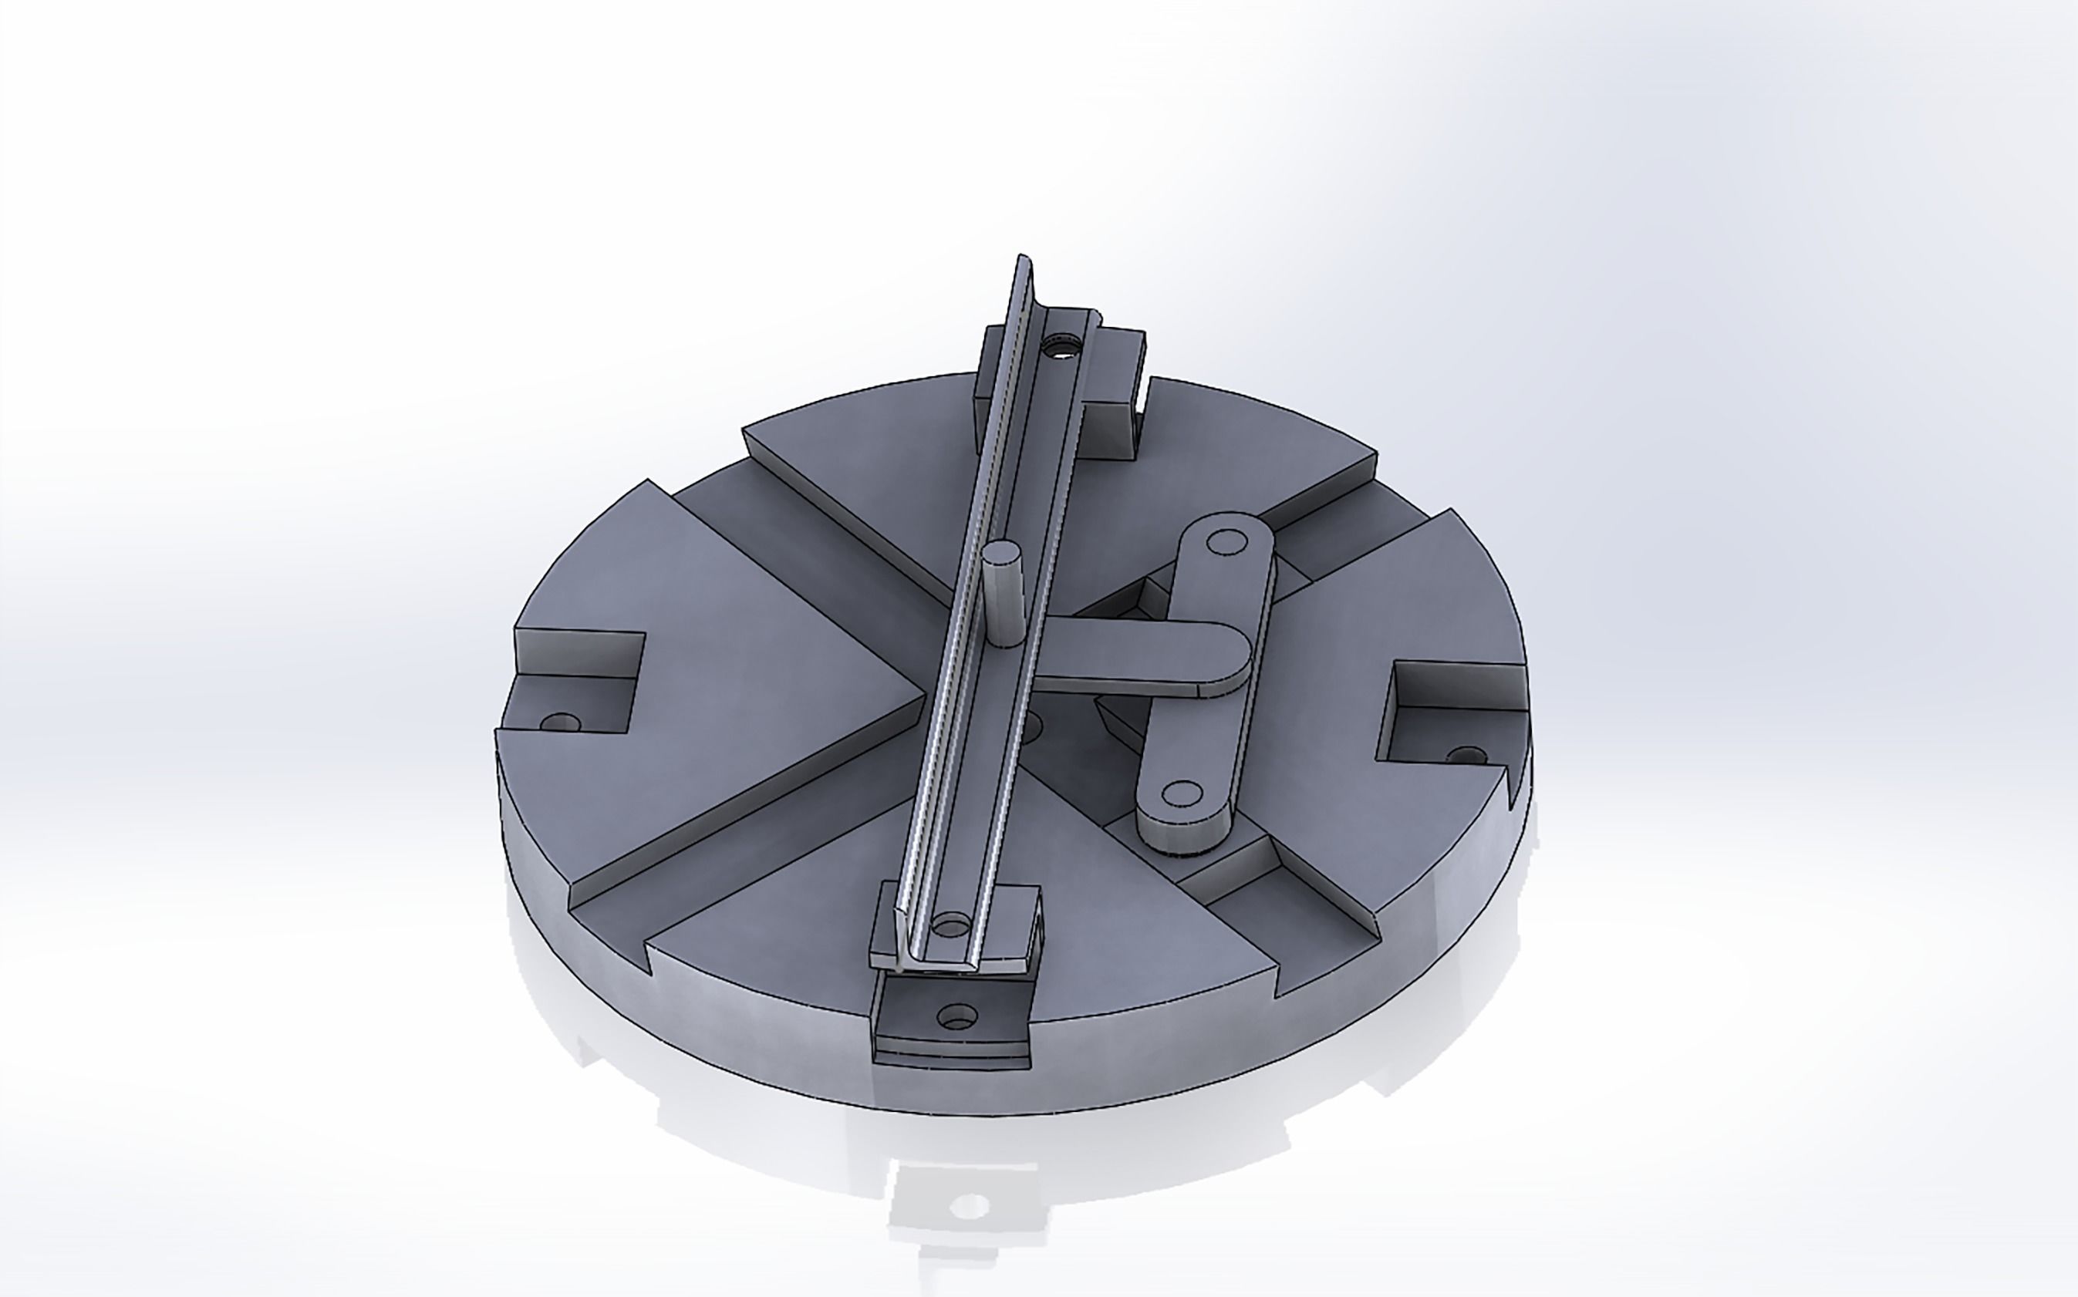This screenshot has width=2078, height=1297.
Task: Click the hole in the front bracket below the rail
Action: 957,1017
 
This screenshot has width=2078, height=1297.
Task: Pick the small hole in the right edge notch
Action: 1466,756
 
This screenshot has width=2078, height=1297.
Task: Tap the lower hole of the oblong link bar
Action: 1183,793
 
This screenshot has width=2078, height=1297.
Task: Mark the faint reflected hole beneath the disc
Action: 970,1206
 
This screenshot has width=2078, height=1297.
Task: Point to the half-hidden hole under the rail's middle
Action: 1031,727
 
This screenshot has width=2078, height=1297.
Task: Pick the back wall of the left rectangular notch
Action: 579,654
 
